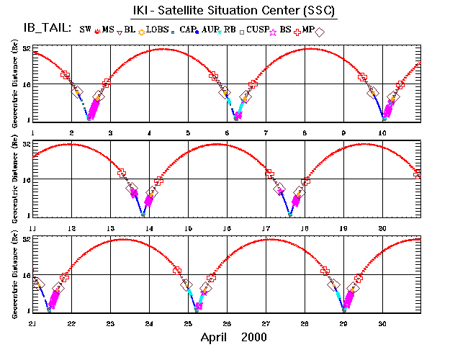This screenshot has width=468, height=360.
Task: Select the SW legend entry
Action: (86, 30)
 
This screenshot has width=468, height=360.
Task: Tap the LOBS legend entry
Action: (156, 30)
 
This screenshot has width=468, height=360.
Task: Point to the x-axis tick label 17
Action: (266, 228)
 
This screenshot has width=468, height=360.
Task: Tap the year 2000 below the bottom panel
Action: (254, 337)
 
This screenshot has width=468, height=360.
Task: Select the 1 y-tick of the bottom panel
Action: (27, 310)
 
